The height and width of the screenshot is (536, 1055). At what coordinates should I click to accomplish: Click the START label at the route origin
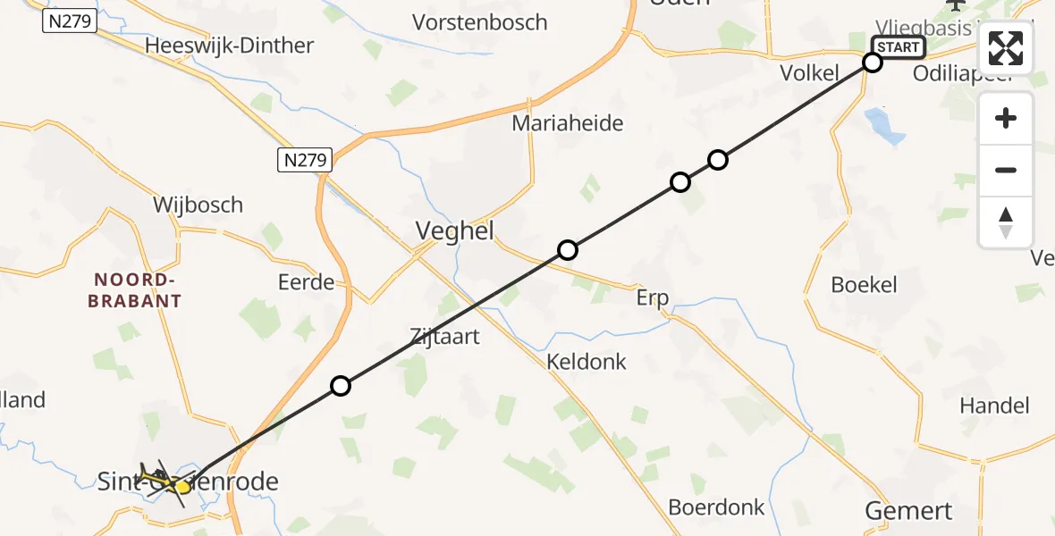[898, 46]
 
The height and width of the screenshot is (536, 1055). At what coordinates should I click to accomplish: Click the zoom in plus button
[1006, 118]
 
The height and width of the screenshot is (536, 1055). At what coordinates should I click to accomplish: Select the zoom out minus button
[1006, 170]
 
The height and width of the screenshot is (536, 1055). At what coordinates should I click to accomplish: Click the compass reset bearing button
[1006, 222]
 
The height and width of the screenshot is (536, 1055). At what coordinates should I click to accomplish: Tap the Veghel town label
[454, 231]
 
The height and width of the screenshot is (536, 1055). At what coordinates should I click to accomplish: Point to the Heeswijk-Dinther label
[230, 46]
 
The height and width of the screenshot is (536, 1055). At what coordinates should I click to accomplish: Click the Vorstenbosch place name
[479, 22]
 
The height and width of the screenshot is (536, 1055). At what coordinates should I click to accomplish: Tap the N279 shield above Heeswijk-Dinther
[69, 21]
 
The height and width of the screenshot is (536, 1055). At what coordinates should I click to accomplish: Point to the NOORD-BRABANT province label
[135, 290]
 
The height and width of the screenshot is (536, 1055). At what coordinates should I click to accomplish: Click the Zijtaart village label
[444, 337]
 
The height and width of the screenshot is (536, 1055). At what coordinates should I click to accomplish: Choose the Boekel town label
[864, 285]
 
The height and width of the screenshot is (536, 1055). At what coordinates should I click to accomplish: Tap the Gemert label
[908, 511]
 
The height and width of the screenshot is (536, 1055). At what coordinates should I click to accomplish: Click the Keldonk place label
[587, 362]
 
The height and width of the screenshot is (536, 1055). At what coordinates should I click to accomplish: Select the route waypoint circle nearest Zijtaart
[341, 386]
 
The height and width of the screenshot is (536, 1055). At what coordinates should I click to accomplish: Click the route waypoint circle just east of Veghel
[568, 250]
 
